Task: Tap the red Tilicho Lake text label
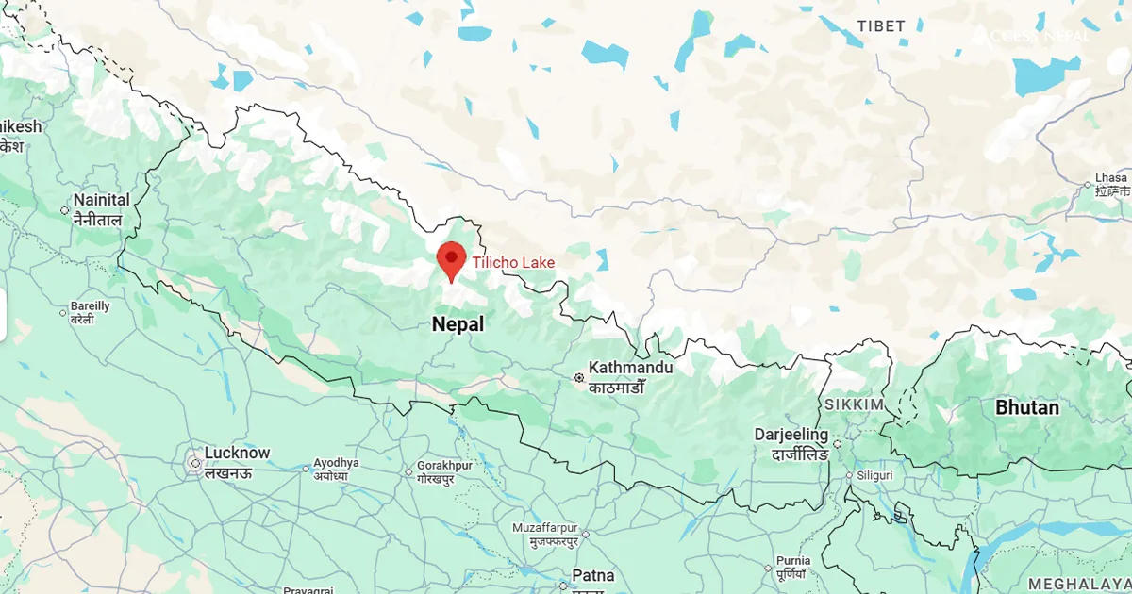(513, 262)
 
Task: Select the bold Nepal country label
(458, 324)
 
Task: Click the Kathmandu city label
(630, 368)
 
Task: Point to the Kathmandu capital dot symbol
(579, 378)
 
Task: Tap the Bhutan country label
(1027, 408)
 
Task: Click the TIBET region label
(880, 26)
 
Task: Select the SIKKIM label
(854, 404)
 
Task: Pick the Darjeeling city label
(791, 436)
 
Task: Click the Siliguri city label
(874, 475)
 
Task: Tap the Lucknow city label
(238, 454)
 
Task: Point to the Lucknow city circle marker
(193, 463)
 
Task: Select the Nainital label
(101, 200)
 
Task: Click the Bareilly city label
(91, 307)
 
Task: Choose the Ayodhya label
(337, 463)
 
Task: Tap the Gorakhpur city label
(444, 466)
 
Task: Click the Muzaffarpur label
(545, 528)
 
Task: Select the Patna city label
(592, 575)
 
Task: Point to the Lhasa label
(1111, 177)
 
